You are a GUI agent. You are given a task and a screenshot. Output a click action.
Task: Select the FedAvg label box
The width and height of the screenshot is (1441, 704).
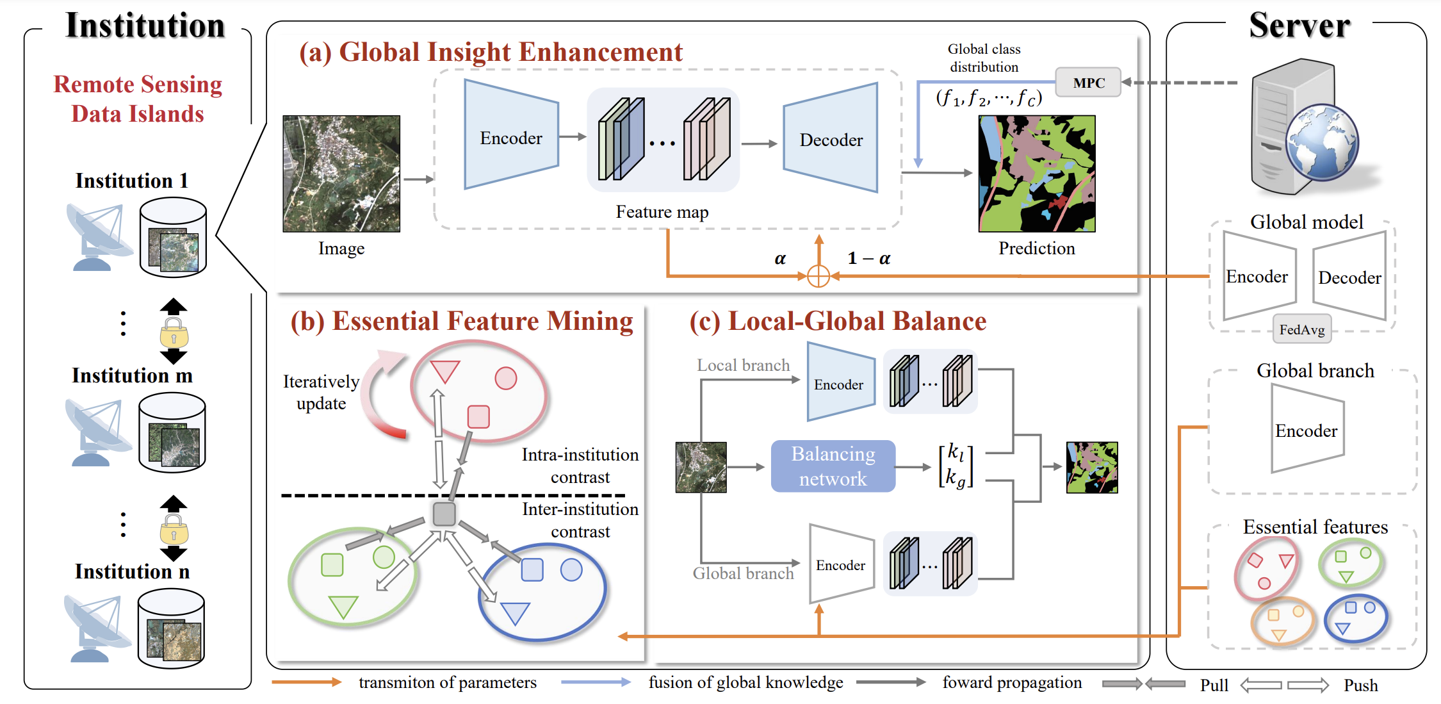click(x=1301, y=330)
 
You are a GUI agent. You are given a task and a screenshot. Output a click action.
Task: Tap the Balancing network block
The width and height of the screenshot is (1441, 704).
click(x=833, y=466)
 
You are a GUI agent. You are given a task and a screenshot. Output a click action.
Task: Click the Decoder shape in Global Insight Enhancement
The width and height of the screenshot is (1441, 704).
click(x=831, y=139)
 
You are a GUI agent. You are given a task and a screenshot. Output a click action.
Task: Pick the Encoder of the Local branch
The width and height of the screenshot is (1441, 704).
click(x=840, y=383)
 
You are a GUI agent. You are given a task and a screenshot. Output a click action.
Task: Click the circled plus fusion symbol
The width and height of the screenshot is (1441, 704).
click(x=818, y=276)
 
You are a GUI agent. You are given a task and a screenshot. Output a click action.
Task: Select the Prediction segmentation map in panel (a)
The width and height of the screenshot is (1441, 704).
click(x=1036, y=174)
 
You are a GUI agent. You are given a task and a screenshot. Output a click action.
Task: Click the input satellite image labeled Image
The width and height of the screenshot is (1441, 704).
click(x=341, y=174)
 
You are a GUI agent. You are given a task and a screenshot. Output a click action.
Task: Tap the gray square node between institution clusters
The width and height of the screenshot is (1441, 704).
click(x=444, y=514)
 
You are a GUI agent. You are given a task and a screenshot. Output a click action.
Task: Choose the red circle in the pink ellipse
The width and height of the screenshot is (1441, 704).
click(x=505, y=379)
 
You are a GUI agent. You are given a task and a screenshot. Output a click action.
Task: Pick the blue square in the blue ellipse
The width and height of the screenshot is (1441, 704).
click(x=532, y=569)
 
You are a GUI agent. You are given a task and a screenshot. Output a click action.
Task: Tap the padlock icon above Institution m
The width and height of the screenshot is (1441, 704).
click(x=174, y=334)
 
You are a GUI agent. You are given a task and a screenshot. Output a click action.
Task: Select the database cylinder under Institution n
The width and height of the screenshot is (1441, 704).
click(x=171, y=629)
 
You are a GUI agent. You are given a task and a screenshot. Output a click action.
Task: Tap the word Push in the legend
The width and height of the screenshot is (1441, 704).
click(x=1360, y=685)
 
